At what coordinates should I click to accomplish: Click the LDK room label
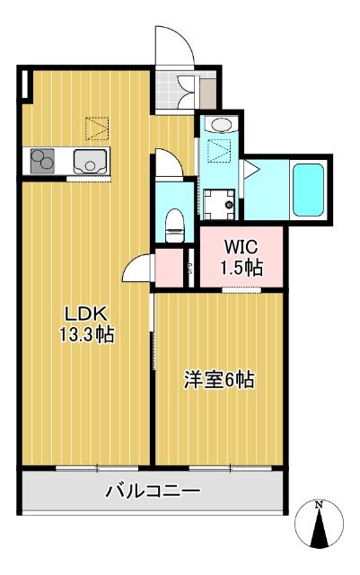click(x=86, y=314)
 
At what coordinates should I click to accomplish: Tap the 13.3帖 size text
click(x=86, y=333)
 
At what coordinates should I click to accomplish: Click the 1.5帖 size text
click(x=240, y=267)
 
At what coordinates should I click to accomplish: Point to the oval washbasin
click(x=222, y=124)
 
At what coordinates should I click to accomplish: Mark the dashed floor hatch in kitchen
click(x=93, y=128)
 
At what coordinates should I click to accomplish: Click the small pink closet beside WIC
click(x=168, y=266)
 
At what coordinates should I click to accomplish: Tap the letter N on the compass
click(x=320, y=506)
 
